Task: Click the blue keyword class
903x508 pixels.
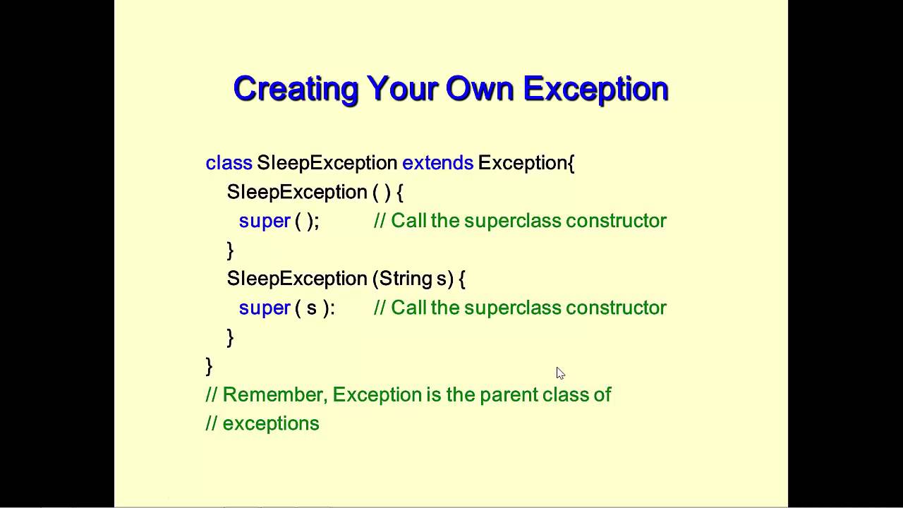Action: click(229, 163)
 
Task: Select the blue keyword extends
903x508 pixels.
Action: click(437, 163)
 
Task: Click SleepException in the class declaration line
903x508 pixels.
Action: click(327, 163)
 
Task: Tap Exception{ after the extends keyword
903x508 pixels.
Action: click(526, 163)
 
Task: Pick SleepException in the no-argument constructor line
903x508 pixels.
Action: click(297, 192)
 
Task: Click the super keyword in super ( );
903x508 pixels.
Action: click(265, 221)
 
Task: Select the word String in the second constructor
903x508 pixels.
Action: click(406, 279)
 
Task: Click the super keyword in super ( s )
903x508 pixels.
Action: click(265, 308)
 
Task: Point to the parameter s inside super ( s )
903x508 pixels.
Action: click(311, 308)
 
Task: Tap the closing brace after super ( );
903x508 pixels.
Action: click(230, 250)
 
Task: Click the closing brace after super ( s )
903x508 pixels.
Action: click(230, 337)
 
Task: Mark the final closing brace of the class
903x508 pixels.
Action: click(209, 366)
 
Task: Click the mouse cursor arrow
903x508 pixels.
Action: click(560, 373)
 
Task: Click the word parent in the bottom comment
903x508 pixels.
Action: click(509, 394)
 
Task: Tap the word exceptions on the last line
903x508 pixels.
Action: click(271, 423)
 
